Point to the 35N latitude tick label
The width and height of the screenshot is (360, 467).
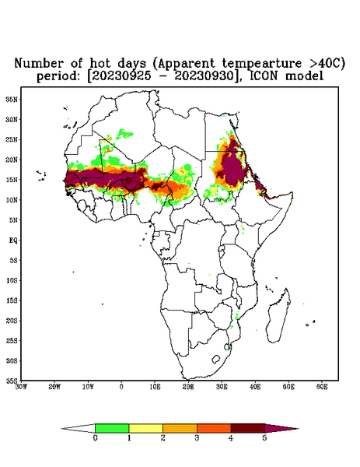point(12,100)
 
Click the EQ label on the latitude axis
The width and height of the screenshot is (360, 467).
point(12,240)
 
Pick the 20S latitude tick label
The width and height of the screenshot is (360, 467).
point(12,321)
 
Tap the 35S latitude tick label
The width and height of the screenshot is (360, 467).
point(12,381)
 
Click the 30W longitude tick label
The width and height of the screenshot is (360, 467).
point(21,387)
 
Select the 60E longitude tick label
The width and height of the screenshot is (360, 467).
point(322,387)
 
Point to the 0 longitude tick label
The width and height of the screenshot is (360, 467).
point(121,387)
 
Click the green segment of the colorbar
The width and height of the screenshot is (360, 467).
point(112,428)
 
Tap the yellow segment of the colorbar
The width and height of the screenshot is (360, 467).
point(145,428)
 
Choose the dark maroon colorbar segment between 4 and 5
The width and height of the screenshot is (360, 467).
point(248,428)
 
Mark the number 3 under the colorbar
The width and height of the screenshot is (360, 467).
point(197,438)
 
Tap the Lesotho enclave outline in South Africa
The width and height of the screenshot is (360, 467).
point(216,359)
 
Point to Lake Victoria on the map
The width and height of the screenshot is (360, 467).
point(221,248)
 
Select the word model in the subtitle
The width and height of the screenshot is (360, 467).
point(304,75)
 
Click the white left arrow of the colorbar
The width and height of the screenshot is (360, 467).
point(79,428)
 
